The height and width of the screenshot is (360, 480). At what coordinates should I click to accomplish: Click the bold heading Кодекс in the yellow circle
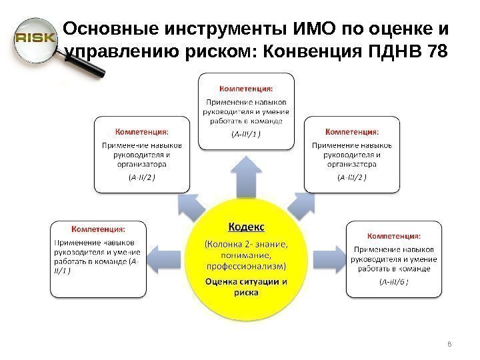pos(246,227)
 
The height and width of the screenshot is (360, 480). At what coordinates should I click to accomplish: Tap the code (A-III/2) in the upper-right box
pos(352,177)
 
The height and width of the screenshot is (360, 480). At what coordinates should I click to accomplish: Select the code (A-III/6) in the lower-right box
pos(393,282)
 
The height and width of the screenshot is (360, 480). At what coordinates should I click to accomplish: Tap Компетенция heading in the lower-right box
pos(393,235)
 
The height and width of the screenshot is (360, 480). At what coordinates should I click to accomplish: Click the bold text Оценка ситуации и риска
pos(246,287)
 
